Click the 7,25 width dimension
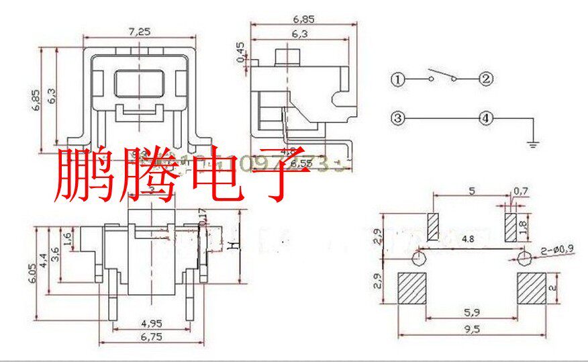coord(139,32)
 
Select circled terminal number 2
coord(486,79)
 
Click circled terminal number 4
coord(486,119)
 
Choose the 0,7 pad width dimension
coord(520,191)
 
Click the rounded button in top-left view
coord(138,85)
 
